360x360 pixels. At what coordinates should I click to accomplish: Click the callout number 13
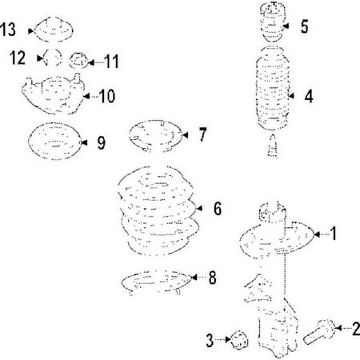[x=8, y=29]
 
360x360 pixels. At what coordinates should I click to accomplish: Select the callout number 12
[x=18, y=58]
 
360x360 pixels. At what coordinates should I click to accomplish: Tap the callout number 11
[x=111, y=62]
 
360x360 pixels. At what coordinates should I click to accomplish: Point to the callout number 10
[x=107, y=96]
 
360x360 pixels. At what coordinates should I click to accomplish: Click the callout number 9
[x=102, y=143]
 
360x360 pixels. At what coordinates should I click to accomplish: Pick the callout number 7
[x=202, y=134]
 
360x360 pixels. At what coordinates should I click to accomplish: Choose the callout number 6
[x=218, y=208]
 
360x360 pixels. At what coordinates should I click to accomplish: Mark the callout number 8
[x=212, y=278]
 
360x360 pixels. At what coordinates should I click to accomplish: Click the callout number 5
[x=305, y=26]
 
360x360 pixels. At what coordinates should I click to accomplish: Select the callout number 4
[x=309, y=96]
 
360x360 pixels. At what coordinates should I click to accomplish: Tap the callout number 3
[x=210, y=340]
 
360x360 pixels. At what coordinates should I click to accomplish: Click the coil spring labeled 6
[x=158, y=210]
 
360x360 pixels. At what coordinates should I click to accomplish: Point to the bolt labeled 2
[x=319, y=331]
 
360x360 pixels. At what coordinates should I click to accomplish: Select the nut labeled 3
[x=239, y=340]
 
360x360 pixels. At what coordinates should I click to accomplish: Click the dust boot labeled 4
[x=273, y=88]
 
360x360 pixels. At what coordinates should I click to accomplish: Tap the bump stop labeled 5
[x=272, y=22]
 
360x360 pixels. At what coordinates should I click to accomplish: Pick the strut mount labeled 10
[x=53, y=94]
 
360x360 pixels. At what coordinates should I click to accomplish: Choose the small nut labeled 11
[x=78, y=61]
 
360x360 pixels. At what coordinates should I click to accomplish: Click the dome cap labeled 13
[x=53, y=29]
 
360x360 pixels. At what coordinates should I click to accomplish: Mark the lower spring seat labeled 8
[x=157, y=282]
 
